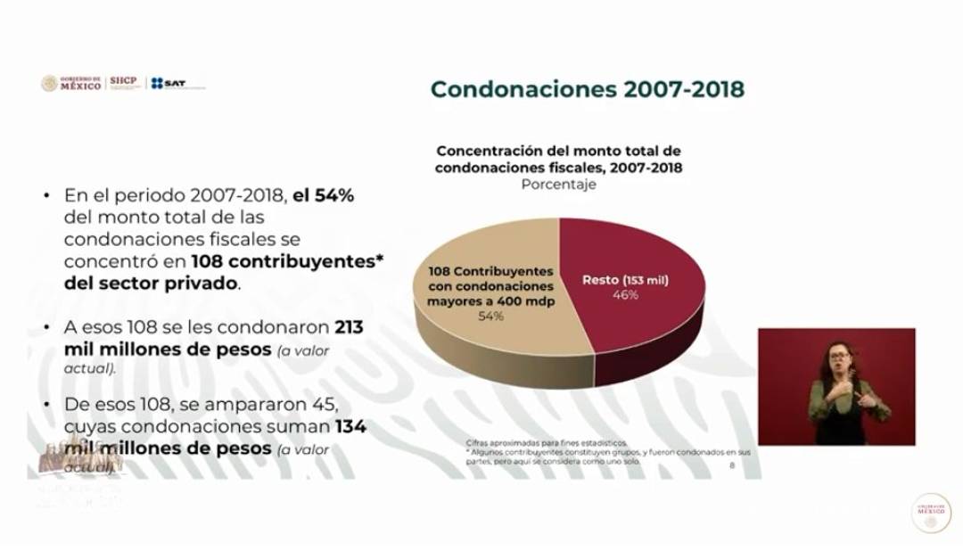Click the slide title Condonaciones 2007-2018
(588, 90)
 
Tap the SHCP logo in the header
(124, 83)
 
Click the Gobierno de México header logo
(71, 83)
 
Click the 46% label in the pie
(624, 295)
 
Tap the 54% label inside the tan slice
(490, 317)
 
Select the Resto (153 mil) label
(625, 280)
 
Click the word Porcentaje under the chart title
(559, 185)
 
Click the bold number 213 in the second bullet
(350, 327)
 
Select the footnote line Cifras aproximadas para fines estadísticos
(546, 443)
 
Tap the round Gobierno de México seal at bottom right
(930, 513)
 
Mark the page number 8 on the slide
(732, 465)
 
